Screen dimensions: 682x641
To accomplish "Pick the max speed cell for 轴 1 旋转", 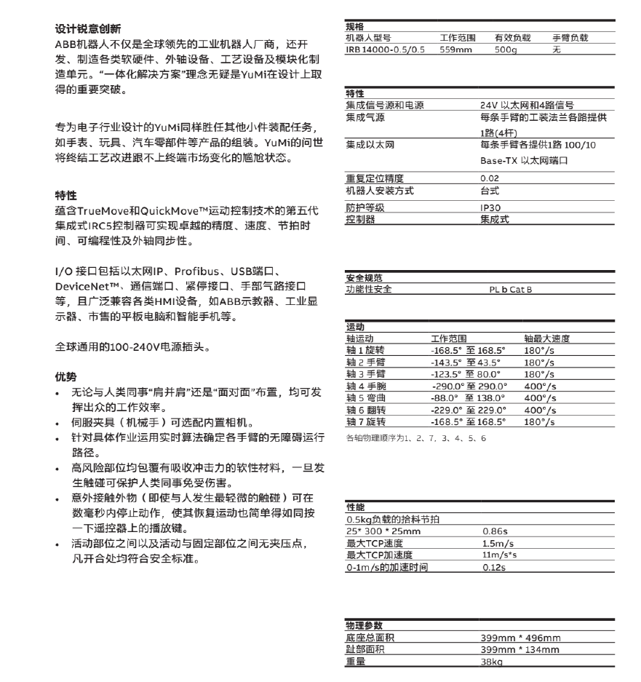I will pyautogui.click(x=539, y=350).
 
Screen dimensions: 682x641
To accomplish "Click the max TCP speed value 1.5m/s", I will pyautogui.click(x=496, y=544).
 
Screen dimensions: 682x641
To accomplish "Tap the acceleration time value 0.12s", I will pyautogui.click(x=493, y=567).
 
